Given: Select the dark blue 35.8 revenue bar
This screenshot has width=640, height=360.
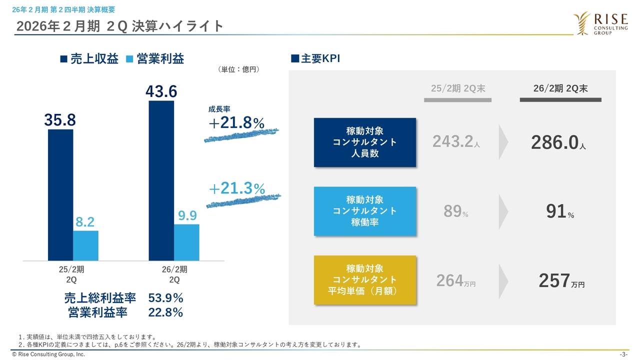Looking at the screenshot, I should click(60, 195).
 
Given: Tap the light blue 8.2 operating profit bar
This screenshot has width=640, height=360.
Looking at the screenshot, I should click(85, 245).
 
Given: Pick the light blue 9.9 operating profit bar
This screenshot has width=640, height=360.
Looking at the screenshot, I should click(186, 242).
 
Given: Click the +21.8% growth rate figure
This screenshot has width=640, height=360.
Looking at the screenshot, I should click(236, 123).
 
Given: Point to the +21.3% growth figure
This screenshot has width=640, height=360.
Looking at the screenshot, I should click(236, 188).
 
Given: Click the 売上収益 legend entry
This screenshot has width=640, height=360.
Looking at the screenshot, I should click(89, 59).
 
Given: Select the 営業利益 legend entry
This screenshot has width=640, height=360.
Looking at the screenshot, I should click(154, 59).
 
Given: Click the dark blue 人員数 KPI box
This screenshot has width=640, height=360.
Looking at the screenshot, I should click(365, 142).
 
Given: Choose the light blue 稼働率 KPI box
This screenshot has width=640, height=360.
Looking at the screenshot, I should click(365, 211).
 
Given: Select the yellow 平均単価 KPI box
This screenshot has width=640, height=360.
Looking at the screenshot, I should click(365, 280).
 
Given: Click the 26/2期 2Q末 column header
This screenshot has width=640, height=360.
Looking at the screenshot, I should click(560, 88).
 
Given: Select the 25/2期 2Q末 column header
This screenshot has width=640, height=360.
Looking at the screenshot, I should click(458, 88).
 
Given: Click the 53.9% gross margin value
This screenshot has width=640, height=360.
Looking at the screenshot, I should click(166, 298).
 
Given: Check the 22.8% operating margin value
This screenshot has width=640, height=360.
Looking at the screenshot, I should click(166, 313).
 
